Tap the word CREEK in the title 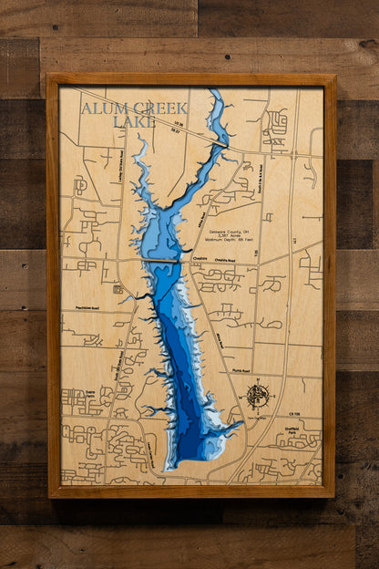click(x=150, y=109)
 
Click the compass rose click(x=258, y=395)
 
